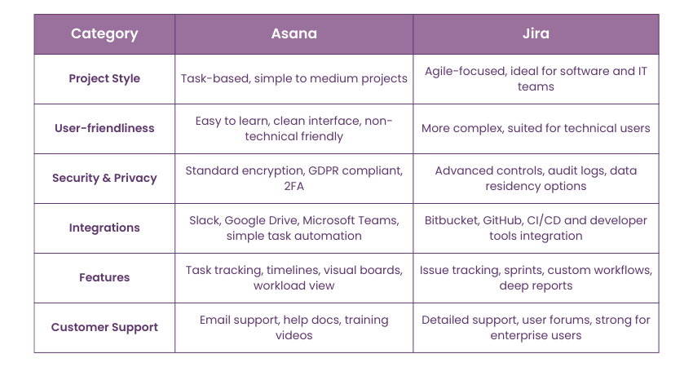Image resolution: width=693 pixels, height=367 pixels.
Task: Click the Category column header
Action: (x=104, y=34)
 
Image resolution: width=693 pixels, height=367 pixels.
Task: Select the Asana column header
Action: (x=294, y=34)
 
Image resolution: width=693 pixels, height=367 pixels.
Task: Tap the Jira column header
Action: (x=536, y=34)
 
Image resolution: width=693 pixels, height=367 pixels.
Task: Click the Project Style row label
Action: (x=104, y=79)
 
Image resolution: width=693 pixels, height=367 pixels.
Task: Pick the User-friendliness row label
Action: (x=104, y=128)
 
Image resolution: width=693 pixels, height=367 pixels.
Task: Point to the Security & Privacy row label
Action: (x=104, y=178)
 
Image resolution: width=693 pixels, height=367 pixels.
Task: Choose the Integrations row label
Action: (x=104, y=228)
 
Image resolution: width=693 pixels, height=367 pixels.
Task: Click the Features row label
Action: (x=104, y=277)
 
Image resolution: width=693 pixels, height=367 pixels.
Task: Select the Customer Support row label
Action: (x=104, y=327)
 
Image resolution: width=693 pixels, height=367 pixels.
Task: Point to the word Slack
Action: (x=204, y=220)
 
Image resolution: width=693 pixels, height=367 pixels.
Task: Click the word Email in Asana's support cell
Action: (x=216, y=320)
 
